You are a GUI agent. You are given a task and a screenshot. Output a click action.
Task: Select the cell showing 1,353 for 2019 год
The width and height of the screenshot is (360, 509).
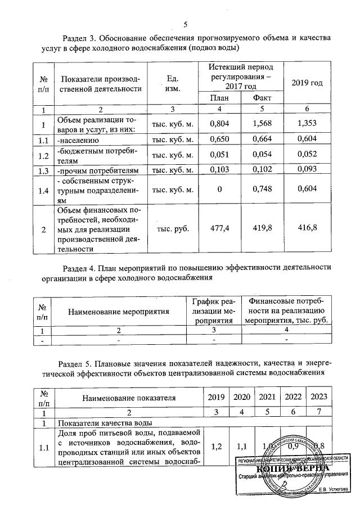[308, 124]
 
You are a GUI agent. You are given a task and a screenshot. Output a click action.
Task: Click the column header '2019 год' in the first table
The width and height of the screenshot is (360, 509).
[308, 83]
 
